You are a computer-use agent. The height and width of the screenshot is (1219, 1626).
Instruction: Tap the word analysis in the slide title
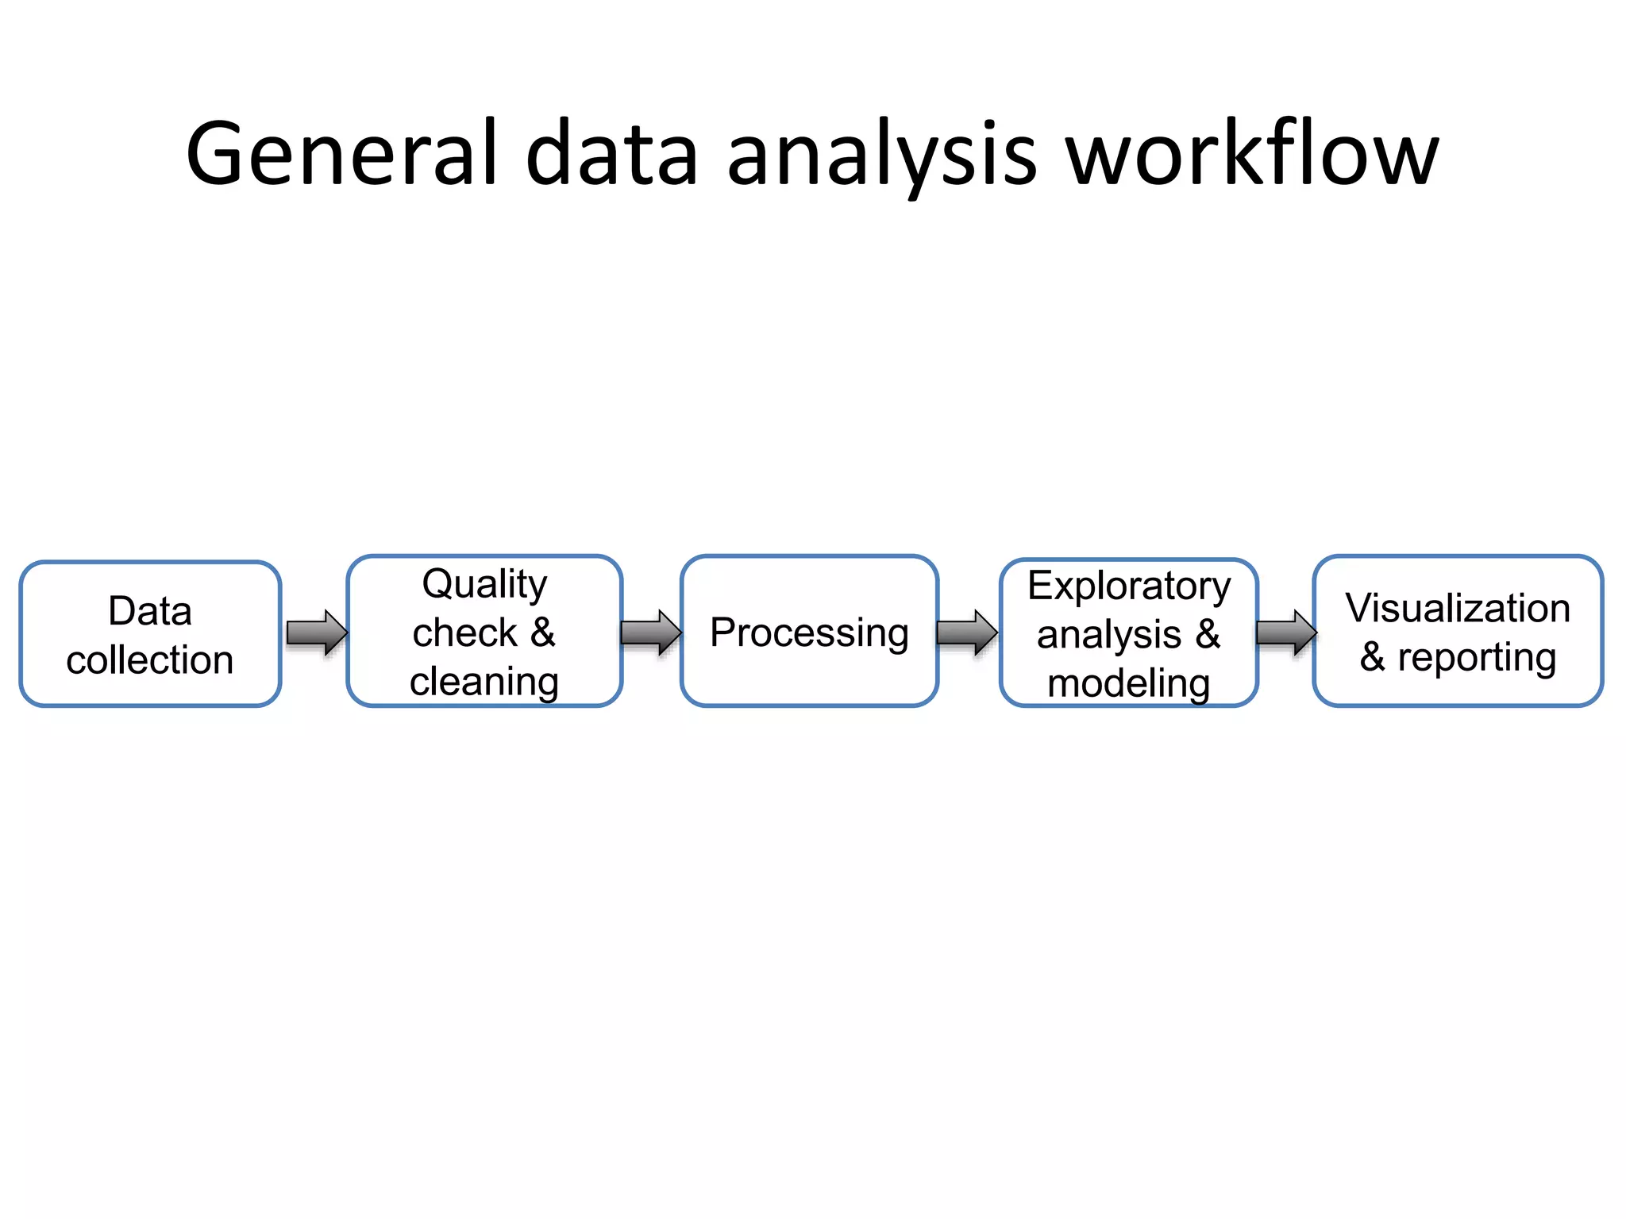coord(881,156)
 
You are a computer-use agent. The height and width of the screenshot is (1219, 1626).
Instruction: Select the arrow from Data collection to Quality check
coord(317,633)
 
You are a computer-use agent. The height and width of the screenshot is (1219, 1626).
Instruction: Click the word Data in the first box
coord(150,610)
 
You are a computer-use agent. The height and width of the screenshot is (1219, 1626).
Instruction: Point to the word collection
coord(150,659)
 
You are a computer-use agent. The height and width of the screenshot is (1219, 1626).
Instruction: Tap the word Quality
coord(484,585)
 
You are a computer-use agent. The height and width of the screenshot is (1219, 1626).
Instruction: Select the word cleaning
coord(484,682)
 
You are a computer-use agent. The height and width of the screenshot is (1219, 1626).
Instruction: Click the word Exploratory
coord(1129,586)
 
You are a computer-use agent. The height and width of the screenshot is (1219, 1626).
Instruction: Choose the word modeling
coord(1129,683)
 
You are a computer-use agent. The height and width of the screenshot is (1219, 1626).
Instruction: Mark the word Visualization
coord(1458,608)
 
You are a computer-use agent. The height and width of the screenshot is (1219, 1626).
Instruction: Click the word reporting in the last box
coord(1477,658)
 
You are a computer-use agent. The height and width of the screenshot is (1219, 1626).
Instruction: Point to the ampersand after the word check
coord(543,633)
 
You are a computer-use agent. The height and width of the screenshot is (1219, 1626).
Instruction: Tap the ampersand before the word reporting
coord(1372,658)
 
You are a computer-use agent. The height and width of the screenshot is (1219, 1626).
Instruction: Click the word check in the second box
coord(464,633)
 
